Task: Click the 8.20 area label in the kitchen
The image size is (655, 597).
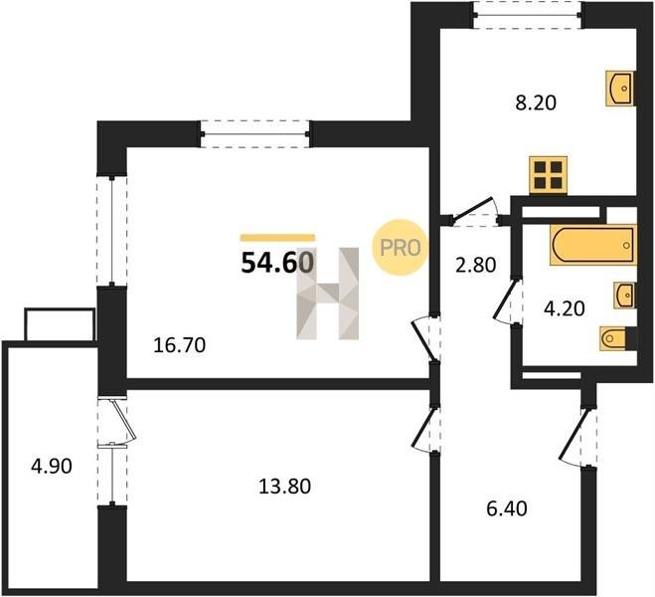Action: point(536,102)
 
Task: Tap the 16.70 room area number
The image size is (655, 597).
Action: point(179,345)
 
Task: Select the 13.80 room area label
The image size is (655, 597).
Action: point(285,487)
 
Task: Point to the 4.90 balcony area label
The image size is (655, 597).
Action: point(52,466)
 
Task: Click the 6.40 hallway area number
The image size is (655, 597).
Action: point(507,508)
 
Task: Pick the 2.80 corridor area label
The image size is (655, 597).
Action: point(476,265)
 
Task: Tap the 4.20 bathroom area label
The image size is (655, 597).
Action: point(564,309)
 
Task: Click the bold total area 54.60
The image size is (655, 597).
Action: point(277,263)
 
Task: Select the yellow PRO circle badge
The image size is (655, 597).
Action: point(401,248)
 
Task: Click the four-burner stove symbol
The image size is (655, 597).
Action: point(548,175)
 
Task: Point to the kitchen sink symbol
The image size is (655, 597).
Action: point(620,89)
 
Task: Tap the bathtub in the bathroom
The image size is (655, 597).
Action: point(593,245)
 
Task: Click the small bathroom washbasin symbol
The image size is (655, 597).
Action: point(624,296)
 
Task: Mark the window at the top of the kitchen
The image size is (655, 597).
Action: point(528,15)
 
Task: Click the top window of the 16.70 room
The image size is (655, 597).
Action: point(254,134)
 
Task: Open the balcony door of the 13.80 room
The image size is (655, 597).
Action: point(117,422)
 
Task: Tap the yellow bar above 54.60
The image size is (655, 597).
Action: point(277,238)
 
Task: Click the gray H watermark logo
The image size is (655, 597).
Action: point(328,294)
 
